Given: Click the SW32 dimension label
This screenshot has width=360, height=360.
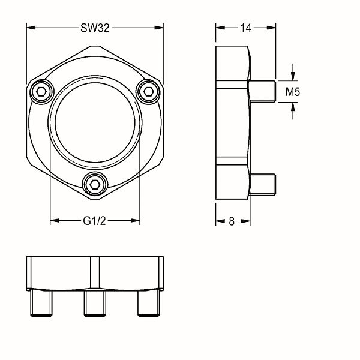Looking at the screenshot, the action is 95,28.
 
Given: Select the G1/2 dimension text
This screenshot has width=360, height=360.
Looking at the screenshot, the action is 94,221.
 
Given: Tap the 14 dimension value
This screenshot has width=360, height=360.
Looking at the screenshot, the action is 246,28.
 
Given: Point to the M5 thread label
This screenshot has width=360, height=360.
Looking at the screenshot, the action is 293,92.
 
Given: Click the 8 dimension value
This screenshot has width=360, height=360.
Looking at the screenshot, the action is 232,221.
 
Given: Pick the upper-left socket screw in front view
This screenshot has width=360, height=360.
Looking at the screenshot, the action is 42,92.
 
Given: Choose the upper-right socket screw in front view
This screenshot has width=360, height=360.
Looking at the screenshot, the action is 148,92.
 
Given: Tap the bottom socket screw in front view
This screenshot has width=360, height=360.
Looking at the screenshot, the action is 95,184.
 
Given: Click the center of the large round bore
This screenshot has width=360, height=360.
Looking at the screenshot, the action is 95,122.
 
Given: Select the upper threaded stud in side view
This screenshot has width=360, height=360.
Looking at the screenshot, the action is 262,91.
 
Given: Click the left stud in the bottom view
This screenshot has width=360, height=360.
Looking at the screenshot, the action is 41,303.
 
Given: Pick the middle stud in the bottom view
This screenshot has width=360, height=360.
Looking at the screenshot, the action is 95,303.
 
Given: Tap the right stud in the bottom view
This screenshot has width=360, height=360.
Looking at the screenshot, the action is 148,303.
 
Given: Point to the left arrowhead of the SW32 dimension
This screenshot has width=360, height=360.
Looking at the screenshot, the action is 31,28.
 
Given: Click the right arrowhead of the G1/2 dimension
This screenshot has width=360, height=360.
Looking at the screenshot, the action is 135,221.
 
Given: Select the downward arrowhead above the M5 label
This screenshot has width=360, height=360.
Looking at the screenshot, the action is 293,76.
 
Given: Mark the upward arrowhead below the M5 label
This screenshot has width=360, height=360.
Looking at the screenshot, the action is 293,107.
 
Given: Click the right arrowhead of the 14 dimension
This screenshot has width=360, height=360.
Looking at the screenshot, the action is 271,28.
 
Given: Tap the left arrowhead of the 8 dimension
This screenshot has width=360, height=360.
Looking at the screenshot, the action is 220,221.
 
